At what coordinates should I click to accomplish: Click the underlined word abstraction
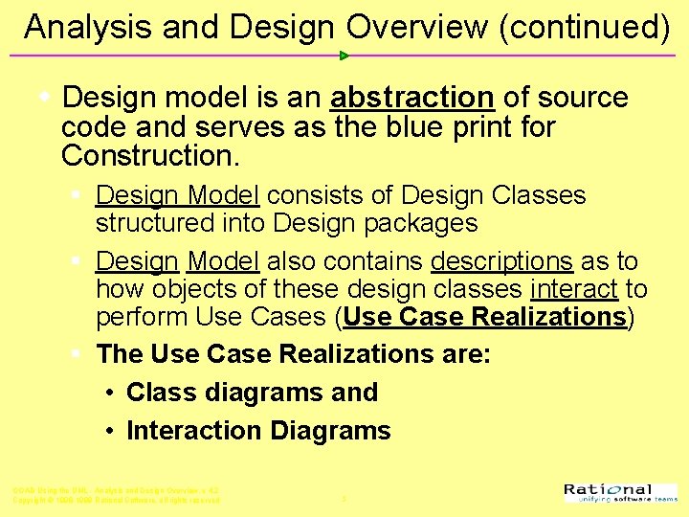pyautogui.click(x=411, y=98)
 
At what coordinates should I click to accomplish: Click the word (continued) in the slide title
pyautogui.click(x=584, y=28)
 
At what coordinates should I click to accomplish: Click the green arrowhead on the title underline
pyautogui.click(x=344, y=56)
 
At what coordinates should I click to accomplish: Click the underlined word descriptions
pyautogui.click(x=501, y=262)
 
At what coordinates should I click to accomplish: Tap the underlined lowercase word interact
pyautogui.click(x=573, y=289)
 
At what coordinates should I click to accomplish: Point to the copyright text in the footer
pyautogui.click(x=116, y=500)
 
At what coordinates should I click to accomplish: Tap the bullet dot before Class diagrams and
pyautogui.click(x=112, y=393)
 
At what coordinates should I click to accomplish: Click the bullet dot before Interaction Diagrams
pyautogui.click(x=112, y=432)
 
